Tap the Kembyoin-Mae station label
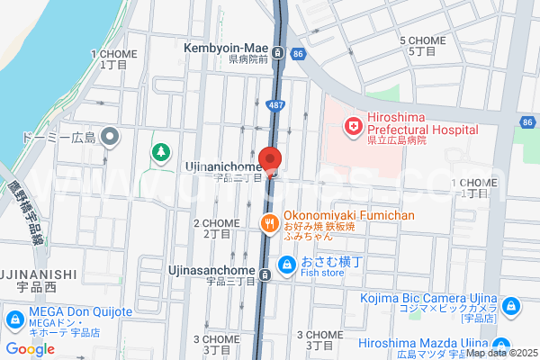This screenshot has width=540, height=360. point(228,47)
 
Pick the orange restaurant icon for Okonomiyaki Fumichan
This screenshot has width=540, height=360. point(268,223)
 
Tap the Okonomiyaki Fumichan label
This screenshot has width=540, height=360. point(348,216)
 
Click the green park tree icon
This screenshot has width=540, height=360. point(161,152)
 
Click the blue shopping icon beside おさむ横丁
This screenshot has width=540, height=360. point(286,265)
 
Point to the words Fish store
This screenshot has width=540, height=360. point(323,274)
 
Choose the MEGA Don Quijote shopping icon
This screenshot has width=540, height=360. point(15,319)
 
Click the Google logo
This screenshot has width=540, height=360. point(30,349)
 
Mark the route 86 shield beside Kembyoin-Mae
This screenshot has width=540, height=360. point(297,53)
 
